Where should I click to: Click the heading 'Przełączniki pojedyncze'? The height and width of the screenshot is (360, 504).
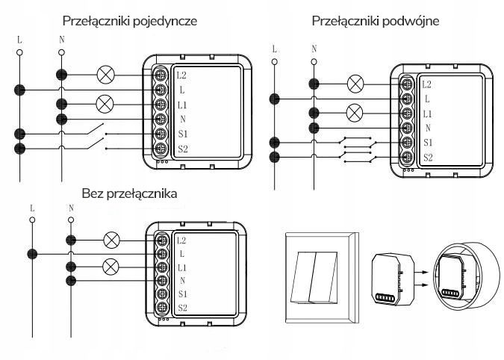pos(130,20)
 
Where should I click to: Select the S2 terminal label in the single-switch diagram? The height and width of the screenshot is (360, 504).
pos(183,149)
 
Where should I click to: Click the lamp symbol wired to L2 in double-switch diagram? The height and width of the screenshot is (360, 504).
pos(355,84)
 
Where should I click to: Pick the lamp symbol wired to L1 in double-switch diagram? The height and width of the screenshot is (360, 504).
pos(355,113)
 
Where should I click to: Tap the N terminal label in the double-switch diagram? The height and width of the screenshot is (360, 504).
pos(427,128)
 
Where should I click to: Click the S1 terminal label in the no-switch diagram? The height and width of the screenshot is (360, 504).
pos(182,294)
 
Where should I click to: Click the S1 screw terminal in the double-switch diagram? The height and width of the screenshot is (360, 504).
pos(407,142)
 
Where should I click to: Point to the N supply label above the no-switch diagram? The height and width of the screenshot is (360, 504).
pos(71,207)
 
